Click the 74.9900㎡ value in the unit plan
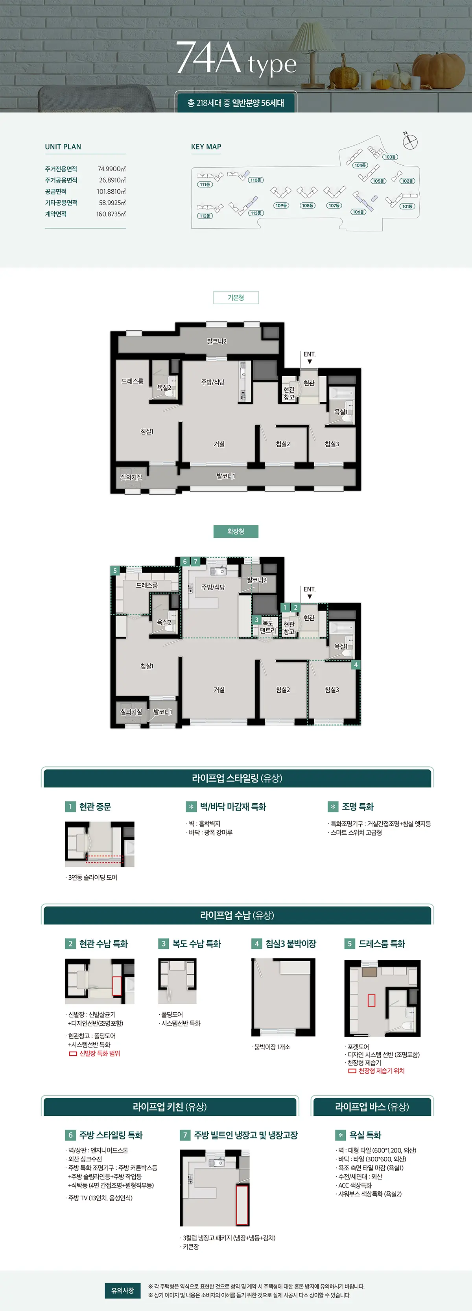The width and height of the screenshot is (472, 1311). (x=111, y=169)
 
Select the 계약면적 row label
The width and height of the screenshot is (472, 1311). (x=55, y=214)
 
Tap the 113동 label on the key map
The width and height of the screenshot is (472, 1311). (x=256, y=213)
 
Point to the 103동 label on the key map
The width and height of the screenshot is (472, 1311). (x=390, y=157)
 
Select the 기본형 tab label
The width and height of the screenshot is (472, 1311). (x=236, y=297)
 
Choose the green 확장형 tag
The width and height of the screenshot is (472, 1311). (x=236, y=531)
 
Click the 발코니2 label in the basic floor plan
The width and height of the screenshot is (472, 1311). (x=217, y=341)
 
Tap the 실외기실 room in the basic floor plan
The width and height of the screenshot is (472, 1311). (x=131, y=477)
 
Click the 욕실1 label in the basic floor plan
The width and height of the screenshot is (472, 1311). (x=341, y=412)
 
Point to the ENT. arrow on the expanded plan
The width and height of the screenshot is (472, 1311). (x=309, y=597)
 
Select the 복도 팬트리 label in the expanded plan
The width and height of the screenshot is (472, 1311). (x=267, y=627)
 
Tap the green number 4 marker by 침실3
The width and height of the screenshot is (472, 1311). (x=356, y=665)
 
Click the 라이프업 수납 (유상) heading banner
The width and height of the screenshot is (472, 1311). (x=237, y=915)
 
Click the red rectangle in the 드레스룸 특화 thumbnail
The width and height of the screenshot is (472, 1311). (x=371, y=1000)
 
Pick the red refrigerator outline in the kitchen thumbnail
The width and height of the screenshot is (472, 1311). (x=242, y=1205)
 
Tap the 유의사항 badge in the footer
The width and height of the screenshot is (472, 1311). (x=123, y=1290)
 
